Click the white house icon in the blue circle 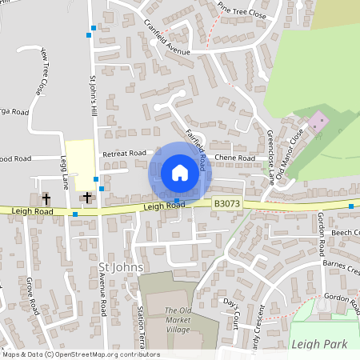coord(180,173)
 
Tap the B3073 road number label coord(226,205)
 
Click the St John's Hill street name coord(94,95)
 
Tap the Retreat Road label coord(124,153)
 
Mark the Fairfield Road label coord(196,146)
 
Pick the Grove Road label coord(33,295)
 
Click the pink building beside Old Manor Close coord(318,122)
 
